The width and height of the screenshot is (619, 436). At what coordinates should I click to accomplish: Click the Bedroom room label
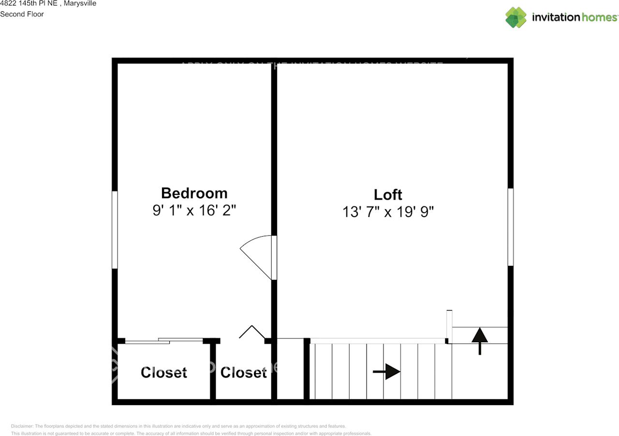(194, 193)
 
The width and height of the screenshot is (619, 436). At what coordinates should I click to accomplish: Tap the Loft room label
(388, 194)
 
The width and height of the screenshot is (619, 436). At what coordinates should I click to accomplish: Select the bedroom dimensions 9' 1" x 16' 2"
(194, 211)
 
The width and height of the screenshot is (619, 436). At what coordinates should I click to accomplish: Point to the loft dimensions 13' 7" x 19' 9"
(388, 212)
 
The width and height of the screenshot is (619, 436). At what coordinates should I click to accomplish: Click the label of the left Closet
(163, 373)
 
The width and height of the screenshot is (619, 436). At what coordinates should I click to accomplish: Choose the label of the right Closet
(243, 373)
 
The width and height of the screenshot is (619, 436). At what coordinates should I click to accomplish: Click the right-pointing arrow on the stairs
(387, 372)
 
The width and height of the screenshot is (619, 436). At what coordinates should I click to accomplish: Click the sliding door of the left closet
(163, 341)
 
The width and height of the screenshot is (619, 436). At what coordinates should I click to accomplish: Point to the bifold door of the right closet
(252, 333)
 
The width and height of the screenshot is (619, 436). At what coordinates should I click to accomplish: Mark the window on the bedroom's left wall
(115, 230)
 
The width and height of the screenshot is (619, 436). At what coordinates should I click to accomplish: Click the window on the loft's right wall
(510, 227)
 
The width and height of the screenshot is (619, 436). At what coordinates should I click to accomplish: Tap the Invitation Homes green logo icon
(516, 17)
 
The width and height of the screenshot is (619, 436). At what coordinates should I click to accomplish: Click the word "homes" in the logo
(600, 18)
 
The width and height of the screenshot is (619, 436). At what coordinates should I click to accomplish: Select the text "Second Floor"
(22, 14)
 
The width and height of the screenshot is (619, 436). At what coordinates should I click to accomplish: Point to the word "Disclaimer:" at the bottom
(22, 426)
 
